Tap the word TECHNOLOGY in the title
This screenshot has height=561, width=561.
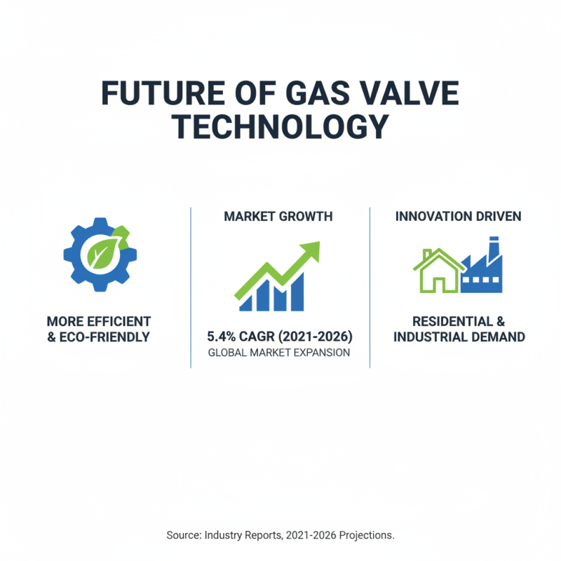[280, 127]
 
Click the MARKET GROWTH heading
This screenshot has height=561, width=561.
[278, 217]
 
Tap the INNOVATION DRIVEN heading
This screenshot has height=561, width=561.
[458, 217]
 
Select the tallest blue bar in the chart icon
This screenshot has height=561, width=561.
[297, 291]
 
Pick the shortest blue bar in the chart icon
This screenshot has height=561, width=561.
[245, 303]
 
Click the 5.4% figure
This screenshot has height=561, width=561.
[223, 334]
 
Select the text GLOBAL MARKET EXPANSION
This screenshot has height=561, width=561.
[279, 353]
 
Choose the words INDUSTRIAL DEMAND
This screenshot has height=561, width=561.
[459, 337]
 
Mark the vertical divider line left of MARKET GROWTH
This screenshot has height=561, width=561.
[191, 288]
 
